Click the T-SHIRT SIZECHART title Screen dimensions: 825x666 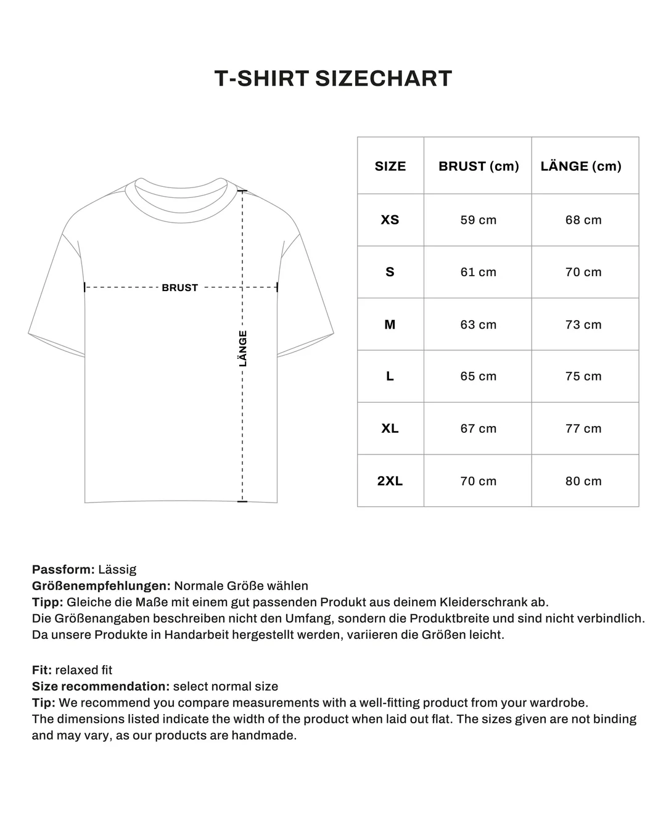point(333,79)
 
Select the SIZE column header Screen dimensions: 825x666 point(390,166)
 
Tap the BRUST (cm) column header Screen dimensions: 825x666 point(479,166)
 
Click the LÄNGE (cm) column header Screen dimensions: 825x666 point(581,166)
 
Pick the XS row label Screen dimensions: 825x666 point(390,220)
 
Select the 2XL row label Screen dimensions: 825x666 point(390,481)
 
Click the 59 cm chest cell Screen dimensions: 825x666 point(478,220)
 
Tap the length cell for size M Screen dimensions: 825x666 point(583,324)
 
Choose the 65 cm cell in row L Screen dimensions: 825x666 point(478,376)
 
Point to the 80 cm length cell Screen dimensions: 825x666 point(583,481)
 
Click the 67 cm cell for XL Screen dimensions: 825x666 point(478,429)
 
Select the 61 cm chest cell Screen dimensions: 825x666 point(478,272)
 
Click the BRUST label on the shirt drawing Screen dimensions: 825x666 point(180,287)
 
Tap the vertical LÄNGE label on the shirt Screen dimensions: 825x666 point(243,348)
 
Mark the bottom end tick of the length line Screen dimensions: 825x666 point(242,501)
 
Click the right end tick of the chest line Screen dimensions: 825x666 point(277,287)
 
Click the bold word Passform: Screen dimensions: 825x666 point(64,569)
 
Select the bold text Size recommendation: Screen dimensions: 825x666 point(101,686)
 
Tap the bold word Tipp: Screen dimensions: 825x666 point(47,602)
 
